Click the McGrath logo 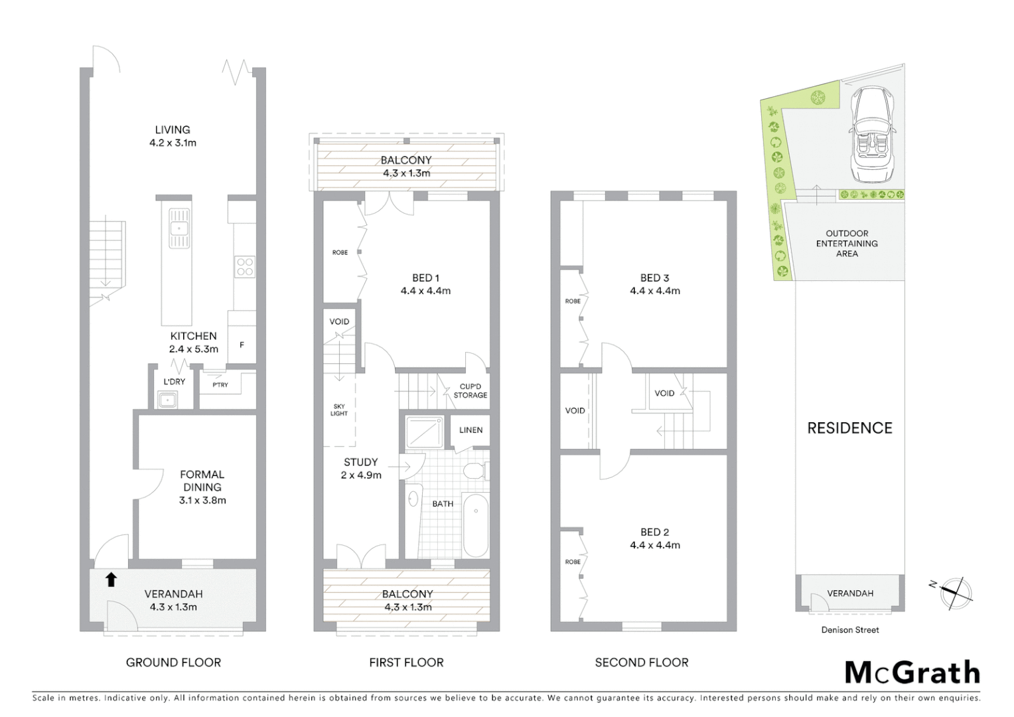coord(912,673)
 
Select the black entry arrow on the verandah coord(111,580)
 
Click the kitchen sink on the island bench coord(179,228)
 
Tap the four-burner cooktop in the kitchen coord(245,267)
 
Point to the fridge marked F coord(242,345)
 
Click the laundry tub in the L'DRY coord(167,400)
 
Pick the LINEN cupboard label coord(471,430)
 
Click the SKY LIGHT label coord(339,410)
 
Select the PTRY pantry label coord(220,385)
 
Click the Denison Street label coord(850,630)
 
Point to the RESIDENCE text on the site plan coord(849,428)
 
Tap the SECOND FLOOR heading coord(642,663)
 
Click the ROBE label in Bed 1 coord(340,252)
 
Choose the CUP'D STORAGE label coord(471,391)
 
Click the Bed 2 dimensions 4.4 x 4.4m coord(655,546)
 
